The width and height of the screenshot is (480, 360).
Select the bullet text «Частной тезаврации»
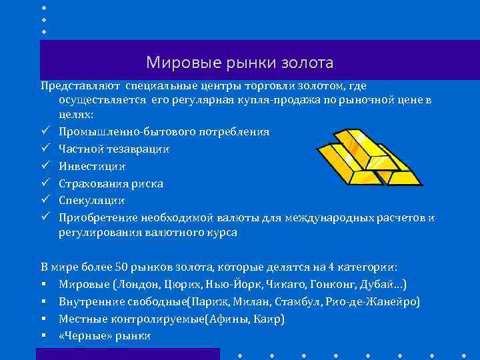[113, 148]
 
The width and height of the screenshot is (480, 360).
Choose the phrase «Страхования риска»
[111, 183]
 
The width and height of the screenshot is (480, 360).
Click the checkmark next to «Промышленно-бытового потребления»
[45, 131]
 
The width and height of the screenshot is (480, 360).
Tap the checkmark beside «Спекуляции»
[45, 200]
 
